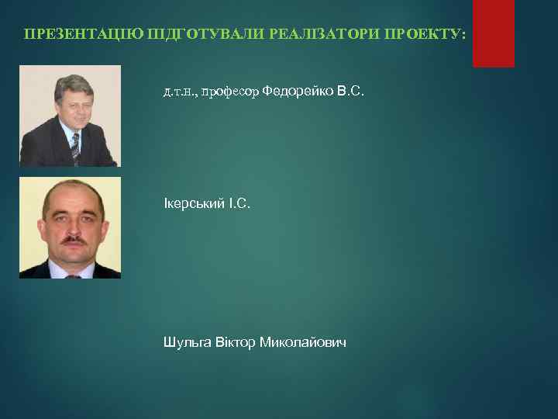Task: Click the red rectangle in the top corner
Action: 494,33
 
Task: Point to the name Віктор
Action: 235,342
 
